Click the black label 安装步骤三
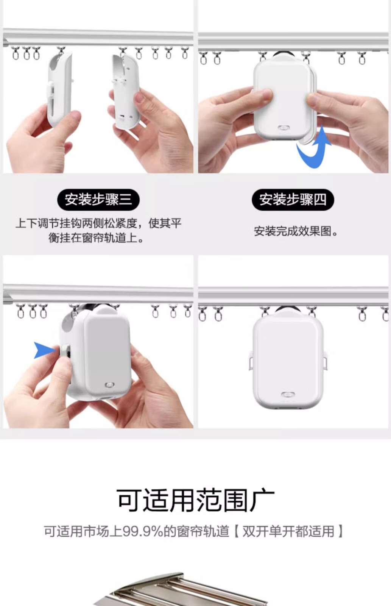tap(98, 200)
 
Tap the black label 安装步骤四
tap(293, 200)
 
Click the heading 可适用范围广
tap(195, 500)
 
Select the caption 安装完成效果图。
tap(296, 231)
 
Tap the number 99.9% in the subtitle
tap(143, 531)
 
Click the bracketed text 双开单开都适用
tap(288, 531)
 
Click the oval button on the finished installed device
tap(288, 395)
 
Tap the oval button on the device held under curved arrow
tap(284, 128)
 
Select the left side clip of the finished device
tap(251, 360)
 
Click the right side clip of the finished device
tap(325, 360)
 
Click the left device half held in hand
tap(59, 89)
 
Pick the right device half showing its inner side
tap(126, 92)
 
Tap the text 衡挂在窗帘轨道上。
tap(96, 238)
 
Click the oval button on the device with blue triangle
tap(109, 385)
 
